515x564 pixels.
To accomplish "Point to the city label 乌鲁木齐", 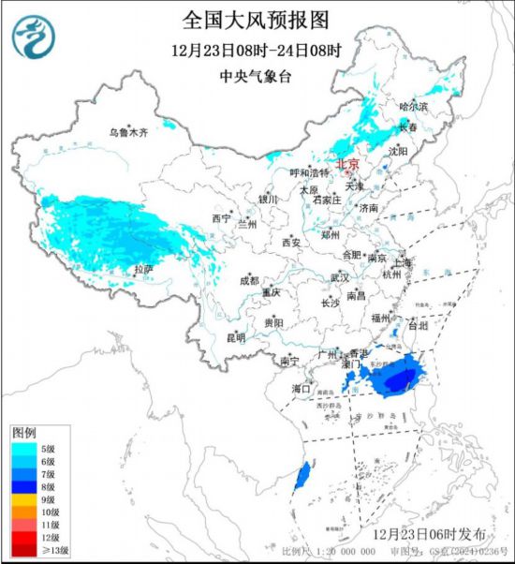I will [127, 134].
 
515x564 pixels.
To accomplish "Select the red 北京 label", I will [347, 162].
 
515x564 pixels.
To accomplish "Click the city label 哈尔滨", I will [412, 108].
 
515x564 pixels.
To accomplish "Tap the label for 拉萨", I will [141, 269].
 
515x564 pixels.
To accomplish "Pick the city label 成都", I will [249, 280].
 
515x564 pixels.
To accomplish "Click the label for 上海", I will [403, 263].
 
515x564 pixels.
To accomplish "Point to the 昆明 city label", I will [235, 336].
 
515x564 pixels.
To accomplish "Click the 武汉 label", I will [339, 278].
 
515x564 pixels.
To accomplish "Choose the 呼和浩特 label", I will [309, 173].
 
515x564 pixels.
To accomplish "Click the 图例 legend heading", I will [23, 433].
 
